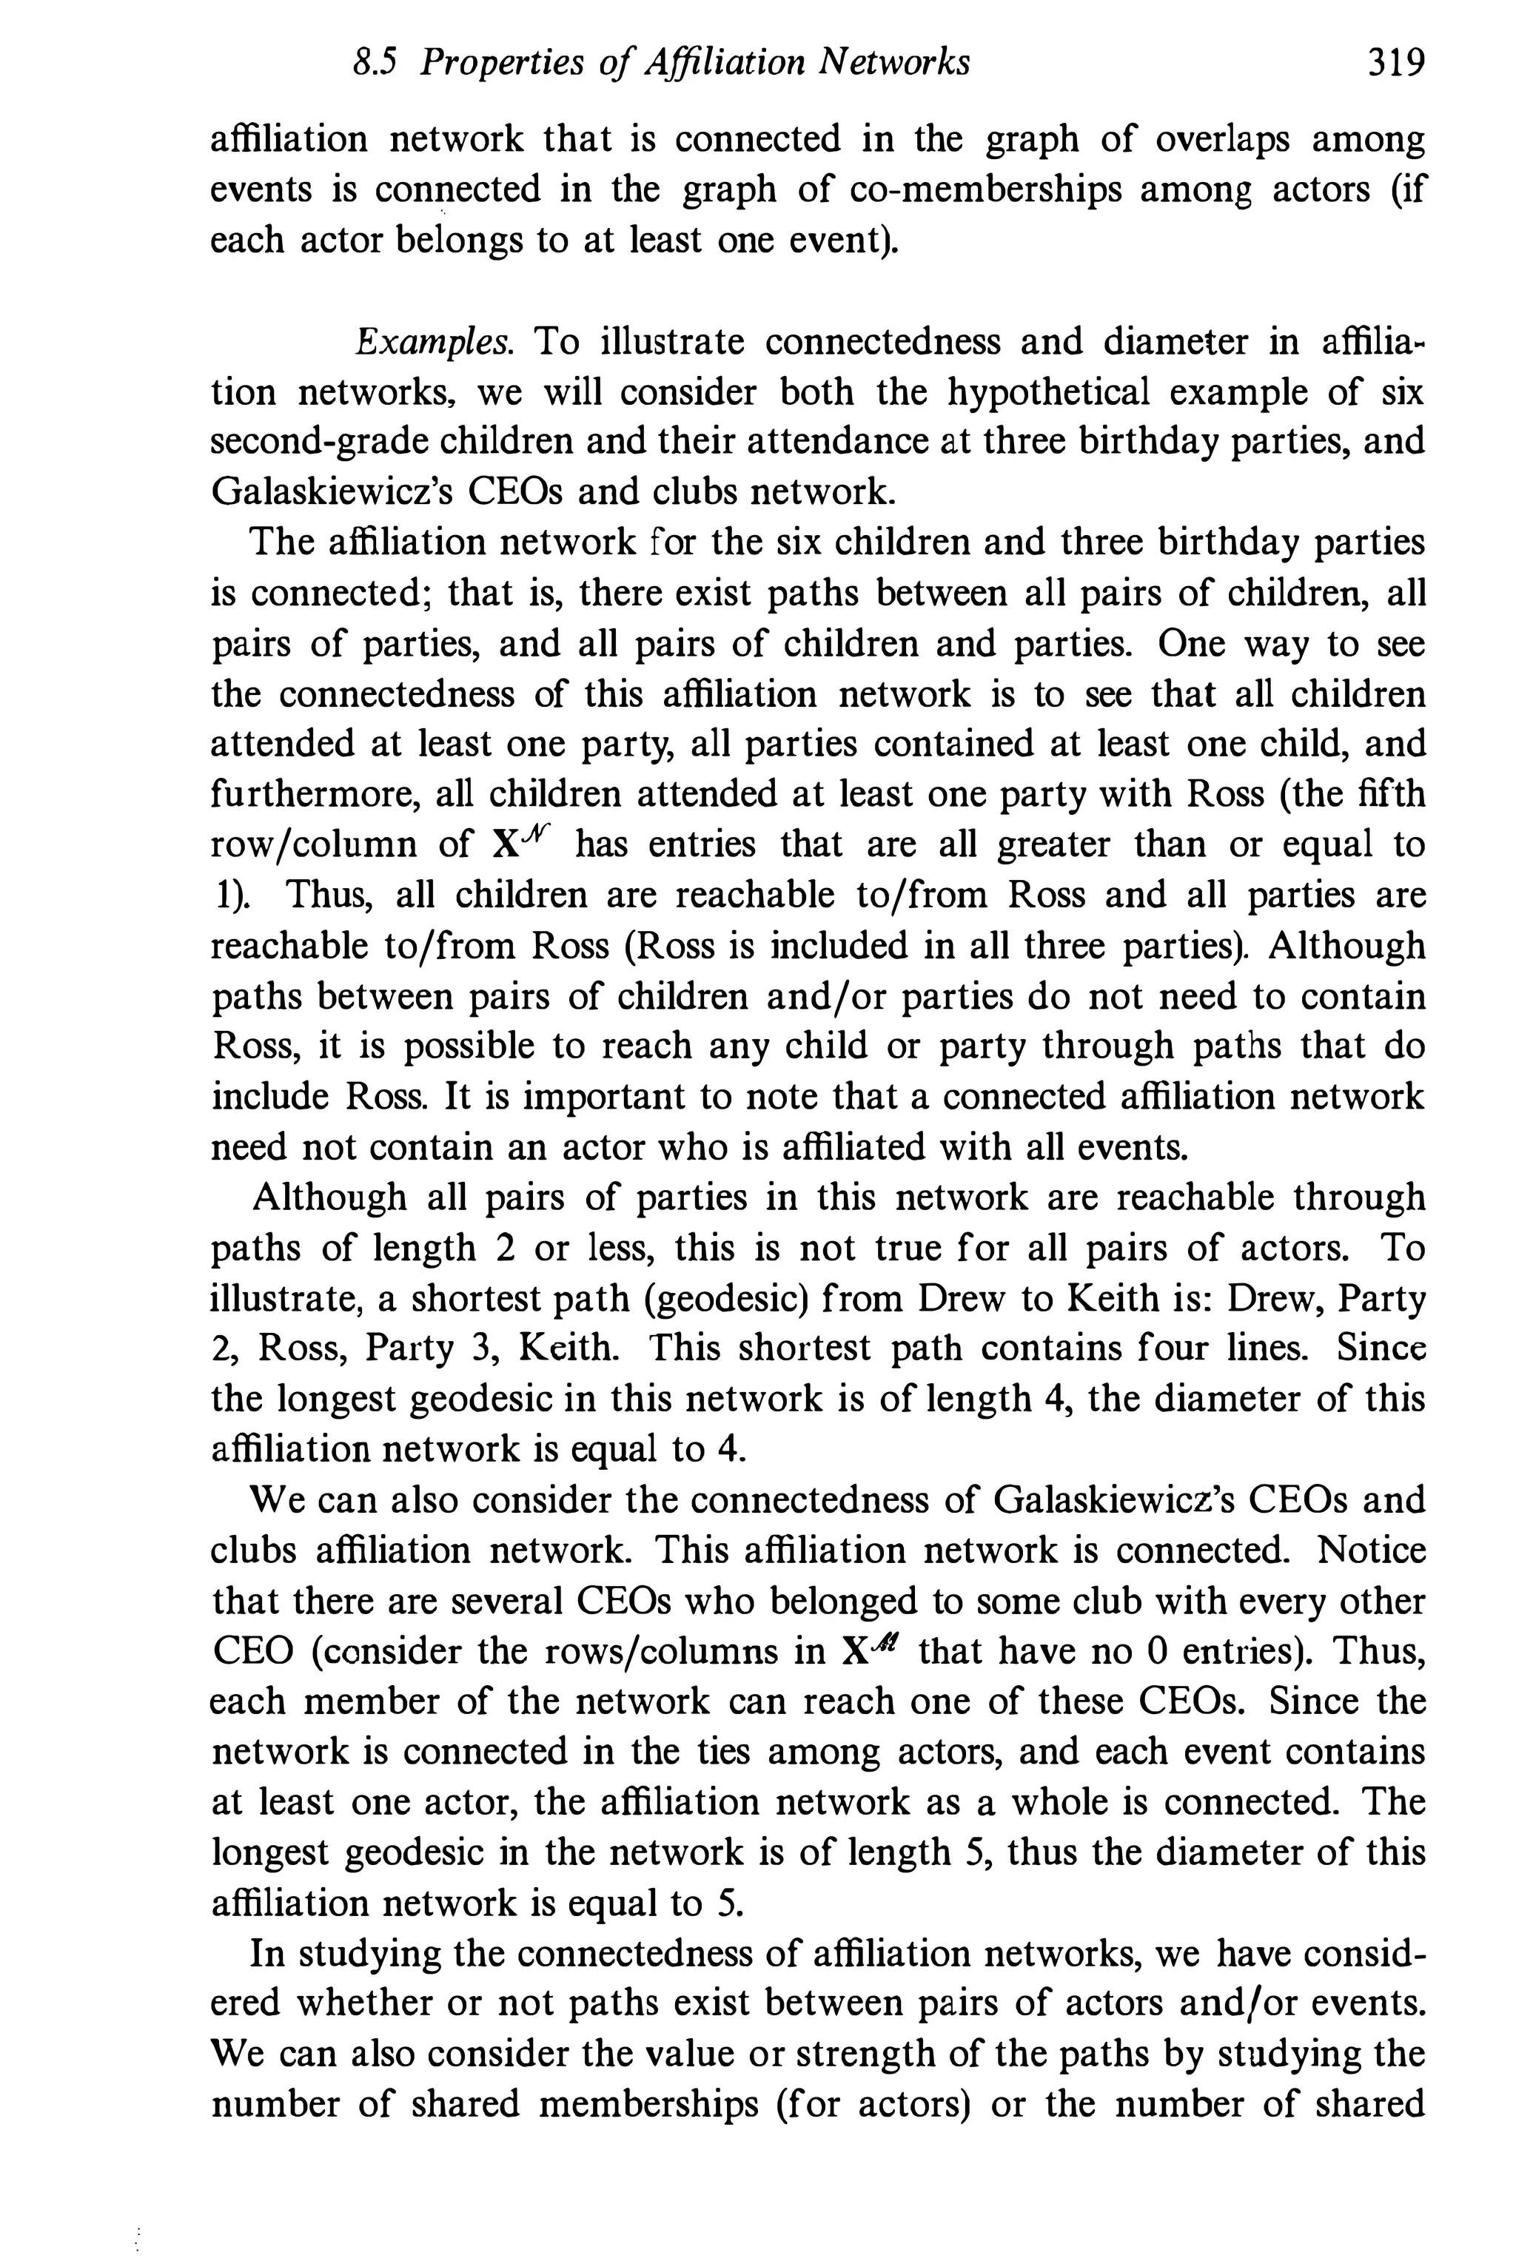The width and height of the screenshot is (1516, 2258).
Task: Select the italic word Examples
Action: pos(433,342)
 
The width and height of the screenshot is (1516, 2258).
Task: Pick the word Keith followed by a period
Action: pos(571,1349)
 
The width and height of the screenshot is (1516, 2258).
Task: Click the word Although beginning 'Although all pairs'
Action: pos(329,1197)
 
